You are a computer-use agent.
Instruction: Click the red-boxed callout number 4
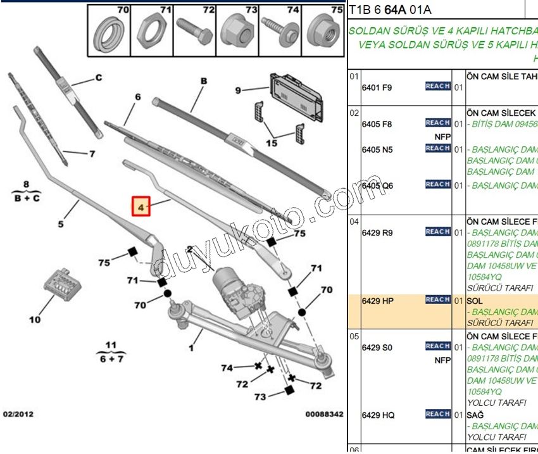point(141,206)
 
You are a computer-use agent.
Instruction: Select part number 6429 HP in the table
point(377,301)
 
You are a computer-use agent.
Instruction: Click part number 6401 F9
point(377,87)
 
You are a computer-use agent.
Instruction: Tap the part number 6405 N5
point(377,149)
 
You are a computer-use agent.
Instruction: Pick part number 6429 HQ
point(378,415)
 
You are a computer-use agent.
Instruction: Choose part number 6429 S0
point(377,348)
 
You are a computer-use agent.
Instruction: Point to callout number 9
point(239,91)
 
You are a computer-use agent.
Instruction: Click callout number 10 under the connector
point(35,320)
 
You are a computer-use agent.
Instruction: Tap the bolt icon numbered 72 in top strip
point(196,30)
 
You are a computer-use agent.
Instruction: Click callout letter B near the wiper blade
point(204,81)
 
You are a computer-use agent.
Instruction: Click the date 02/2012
point(18,414)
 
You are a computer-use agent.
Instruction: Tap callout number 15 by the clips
point(271,144)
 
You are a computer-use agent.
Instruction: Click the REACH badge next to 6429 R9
point(437,232)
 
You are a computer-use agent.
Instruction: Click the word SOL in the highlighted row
point(475,301)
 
